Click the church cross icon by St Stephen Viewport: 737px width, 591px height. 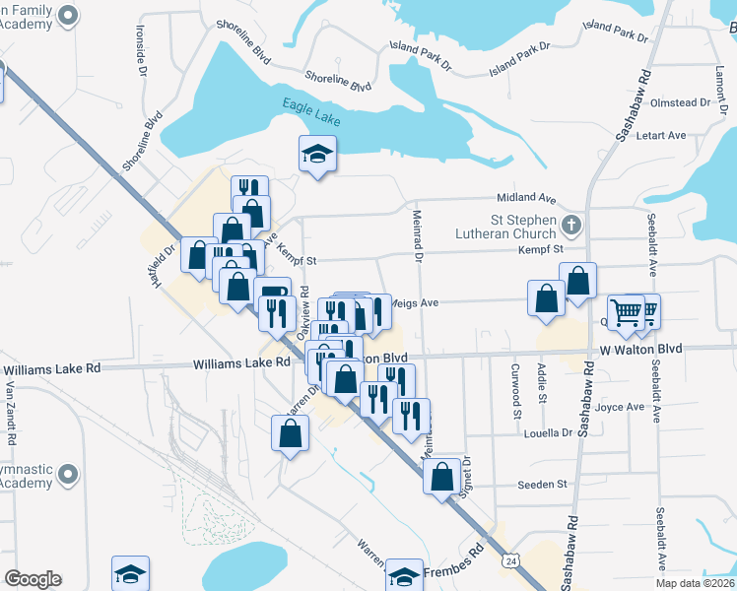(x=569, y=227)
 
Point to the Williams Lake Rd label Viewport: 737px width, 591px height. (x=241, y=362)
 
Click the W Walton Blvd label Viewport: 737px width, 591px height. (x=640, y=350)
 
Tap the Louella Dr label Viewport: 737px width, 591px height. (x=549, y=433)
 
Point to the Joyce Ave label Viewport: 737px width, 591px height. (x=620, y=407)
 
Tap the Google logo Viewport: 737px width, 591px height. (x=33, y=579)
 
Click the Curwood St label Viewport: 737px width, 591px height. (x=516, y=391)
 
